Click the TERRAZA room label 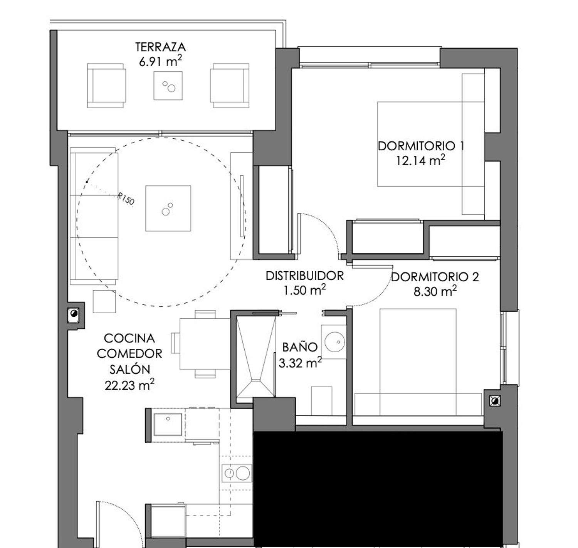(161, 47)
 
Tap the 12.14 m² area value (420, 160)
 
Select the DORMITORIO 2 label (435, 277)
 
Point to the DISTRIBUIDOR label (304, 276)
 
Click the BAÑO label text (300, 347)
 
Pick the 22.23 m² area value (129, 385)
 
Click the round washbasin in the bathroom (334, 342)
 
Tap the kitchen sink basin (168, 424)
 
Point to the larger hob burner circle (243, 474)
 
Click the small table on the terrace (168, 86)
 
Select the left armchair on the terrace (106, 86)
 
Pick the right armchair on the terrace (230, 86)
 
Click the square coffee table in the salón (168, 208)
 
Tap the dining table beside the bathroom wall (205, 344)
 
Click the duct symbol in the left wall (74, 314)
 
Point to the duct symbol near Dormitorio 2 (494, 401)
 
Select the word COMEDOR (129, 353)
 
